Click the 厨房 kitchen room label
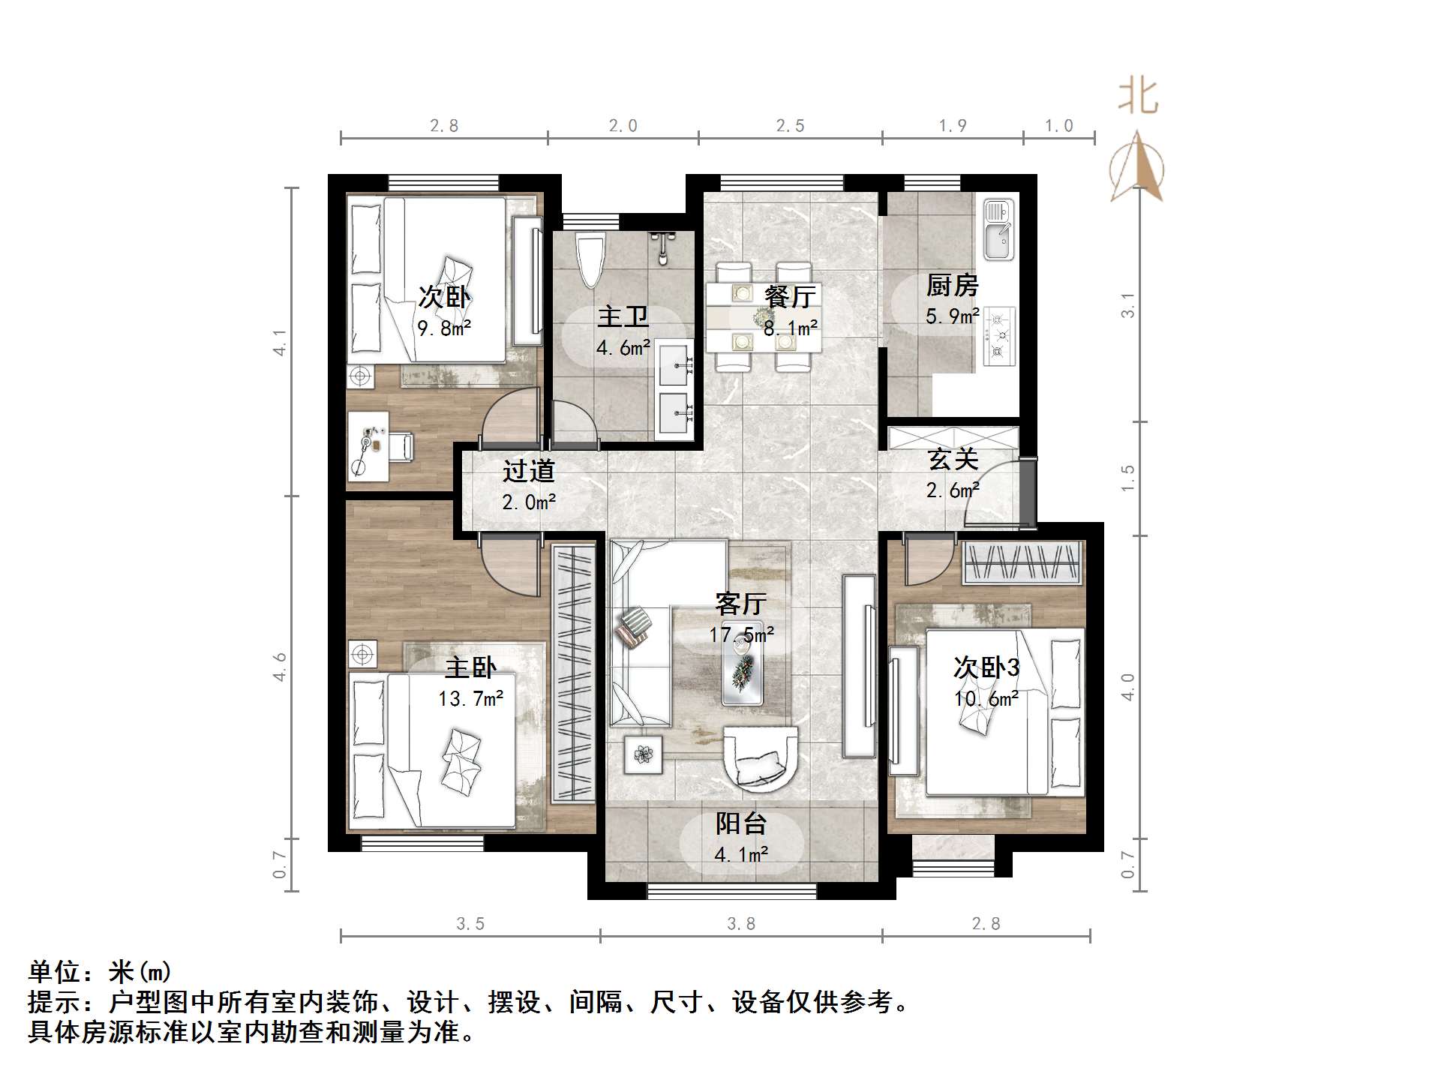pyautogui.click(x=951, y=286)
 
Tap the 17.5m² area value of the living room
pyautogui.click(x=741, y=635)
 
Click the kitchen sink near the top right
pyautogui.click(x=998, y=229)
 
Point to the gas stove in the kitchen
pyautogui.click(x=998, y=336)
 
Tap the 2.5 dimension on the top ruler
pyautogui.click(x=790, y=126)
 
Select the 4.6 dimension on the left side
pyautogui.click(x=280, y=666)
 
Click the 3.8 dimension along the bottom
pyautogui.click(x=740, y=924)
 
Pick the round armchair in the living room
pyautogui.click(x=759, y=758)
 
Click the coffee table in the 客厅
pyautogui.click(x=743, y=664)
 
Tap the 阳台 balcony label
pyautogui.click(x=740, y=823)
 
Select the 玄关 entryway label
pyautogui.click(x=953, y=459)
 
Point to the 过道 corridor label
pyautogui.click(x=528, y=471)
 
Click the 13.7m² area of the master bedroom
pyautogui.click(x=470, y=699)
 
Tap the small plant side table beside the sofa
pyautogui.click(x=643, y=754)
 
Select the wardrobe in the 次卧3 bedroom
pyautogui.click(x=1022, y=563)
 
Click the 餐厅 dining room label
pyautogui.click(x=789, y=297)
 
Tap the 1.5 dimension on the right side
pyautogui.click(x=1127, y=478)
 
